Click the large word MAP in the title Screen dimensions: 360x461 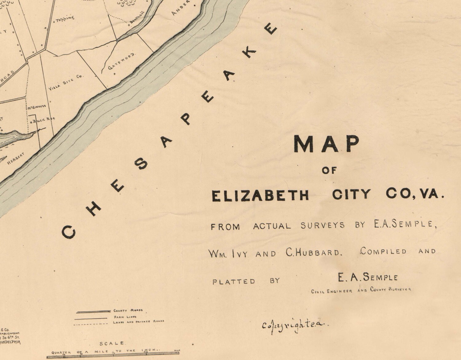pyautogui.click(x=326, y=144)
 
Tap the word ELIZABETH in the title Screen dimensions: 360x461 pyautogui.click(x=260, y=196)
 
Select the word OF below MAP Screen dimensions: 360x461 pyautogui.click(x=329, y=170)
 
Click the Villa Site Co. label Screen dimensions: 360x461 pyautogui.click(x=66, y=82)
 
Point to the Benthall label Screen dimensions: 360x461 pyautogui.click(x=136, y=21)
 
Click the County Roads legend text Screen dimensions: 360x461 pyautogui.click(x=128, y=311)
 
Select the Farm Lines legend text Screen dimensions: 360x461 pyautogui.click(x=125, y=317)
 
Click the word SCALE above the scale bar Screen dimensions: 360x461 pyautogui.click(x=112, y=343)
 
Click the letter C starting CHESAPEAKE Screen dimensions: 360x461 pyautogui.click(x=69, y=232)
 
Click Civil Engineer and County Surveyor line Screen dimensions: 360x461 pyautogui.click(x=361, y=290)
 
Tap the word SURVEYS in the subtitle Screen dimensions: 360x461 pyautogui.click(x=322, y=226)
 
